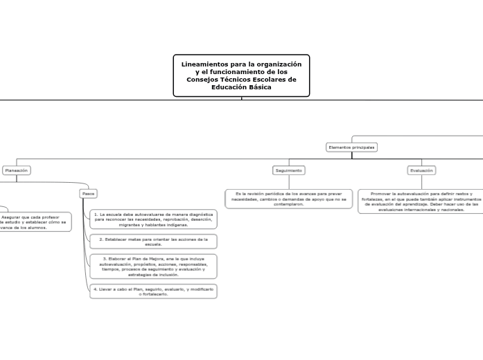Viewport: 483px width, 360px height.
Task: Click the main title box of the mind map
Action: point(241,75)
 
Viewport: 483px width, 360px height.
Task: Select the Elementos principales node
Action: point(351,147)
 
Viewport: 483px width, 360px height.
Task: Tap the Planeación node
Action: point(17,170)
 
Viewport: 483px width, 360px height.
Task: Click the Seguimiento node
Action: point(288,170)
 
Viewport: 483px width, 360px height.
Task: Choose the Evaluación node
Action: point(421,170)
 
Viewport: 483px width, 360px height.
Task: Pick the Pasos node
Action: point(89,193)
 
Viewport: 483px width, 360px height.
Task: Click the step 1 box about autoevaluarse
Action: point(153,219)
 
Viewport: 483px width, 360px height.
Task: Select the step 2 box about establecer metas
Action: point(153,242)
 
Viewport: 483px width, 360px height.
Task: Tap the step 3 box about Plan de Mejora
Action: point(153,266)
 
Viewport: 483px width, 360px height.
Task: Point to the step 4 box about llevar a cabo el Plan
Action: point(153,291)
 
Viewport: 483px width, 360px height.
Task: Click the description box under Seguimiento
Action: point(288,199)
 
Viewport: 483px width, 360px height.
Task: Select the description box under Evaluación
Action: point(421,201)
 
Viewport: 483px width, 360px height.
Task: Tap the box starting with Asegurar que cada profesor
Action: point(35,222)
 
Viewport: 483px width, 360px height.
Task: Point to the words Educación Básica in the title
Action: point(241,87)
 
